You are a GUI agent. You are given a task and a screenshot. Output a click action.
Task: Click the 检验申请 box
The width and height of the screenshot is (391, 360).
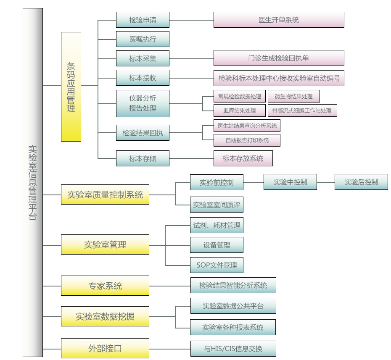pyautogui.click(x=143, y=20)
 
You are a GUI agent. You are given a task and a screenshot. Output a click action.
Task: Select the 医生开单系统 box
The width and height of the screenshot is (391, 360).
pyautogui.click(x=279, y=20)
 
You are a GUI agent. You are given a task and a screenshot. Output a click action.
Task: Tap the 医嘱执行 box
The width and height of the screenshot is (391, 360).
pyautogui.click(x=143, y=39)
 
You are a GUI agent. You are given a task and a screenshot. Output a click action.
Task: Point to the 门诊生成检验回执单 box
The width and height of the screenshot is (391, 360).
pyautogui.click(x=279, y=58)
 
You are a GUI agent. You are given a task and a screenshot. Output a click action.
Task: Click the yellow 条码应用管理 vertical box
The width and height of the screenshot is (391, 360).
pyautogui.click(x=71, y=87)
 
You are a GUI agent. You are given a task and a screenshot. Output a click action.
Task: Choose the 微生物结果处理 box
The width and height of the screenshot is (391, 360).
pyautogui.click(x=293, y=96)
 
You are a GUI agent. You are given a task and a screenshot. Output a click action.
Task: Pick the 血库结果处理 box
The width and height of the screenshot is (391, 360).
pyautogui.click(x=240, y=110)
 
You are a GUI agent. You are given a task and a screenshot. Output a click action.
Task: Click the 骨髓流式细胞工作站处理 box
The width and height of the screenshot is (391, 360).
pyautogui.click(x=302, y=110)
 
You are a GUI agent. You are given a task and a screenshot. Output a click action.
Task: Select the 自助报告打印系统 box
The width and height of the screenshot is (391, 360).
pyautogui.click(x=247, y=140)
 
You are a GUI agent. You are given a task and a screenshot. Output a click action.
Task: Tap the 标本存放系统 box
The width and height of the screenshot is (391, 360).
pyautogui.click(x=243, y=158)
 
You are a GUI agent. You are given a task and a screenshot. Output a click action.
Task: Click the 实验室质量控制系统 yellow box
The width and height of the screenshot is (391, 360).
pyautogui.click(x=105, y=195)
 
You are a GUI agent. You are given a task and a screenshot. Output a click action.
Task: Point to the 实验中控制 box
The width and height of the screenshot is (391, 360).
pyautogui.click(x=290, y=182)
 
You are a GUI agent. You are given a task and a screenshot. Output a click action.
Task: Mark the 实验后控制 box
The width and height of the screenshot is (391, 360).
pyautogui.click(x=361, y=182)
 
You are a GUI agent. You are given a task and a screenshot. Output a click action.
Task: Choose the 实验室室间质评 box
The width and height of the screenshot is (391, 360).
pyautogui.click(x=217, y=205)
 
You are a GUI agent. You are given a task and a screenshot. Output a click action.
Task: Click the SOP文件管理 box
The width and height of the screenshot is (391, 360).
pyautogui.click(x=217, y=265)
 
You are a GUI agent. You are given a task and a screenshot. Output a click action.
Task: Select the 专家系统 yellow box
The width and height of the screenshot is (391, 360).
pyautogui.click(x=105, y=286)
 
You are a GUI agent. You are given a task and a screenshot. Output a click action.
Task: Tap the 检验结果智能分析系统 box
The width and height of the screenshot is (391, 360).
pyautogui.click(x=233, y=285)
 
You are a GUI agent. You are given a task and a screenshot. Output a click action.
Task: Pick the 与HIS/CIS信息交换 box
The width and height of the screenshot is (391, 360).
pyautogui.click(x=233, y=349)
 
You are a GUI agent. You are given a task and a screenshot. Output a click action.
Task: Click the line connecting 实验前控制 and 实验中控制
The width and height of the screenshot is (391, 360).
pyautogui.click(x=254, y=182)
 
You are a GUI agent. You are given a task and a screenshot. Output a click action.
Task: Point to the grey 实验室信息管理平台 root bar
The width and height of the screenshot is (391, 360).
pyautogui.click(x=33, y=182)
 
